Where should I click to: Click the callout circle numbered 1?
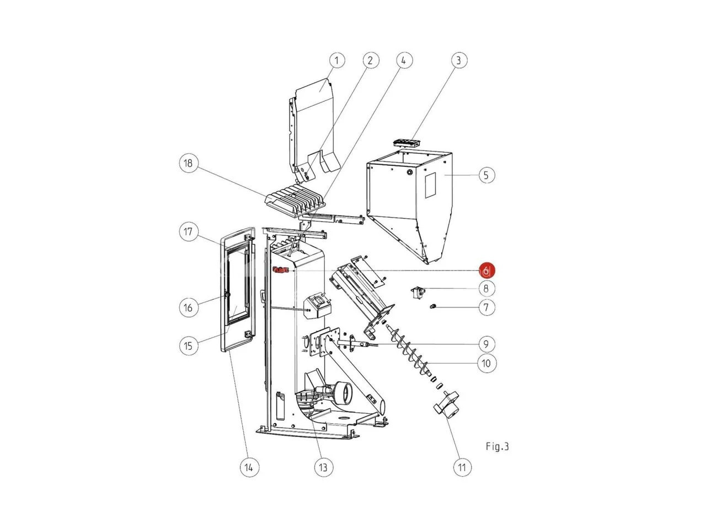337,61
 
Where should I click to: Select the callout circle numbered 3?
458,61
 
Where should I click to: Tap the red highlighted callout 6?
486,271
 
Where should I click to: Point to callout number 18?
188,163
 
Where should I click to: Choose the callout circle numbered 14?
249,467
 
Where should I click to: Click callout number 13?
323,467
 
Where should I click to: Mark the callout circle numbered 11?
462,467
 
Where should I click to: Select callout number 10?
486,363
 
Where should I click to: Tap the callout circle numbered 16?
188,307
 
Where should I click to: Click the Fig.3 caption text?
498,447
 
